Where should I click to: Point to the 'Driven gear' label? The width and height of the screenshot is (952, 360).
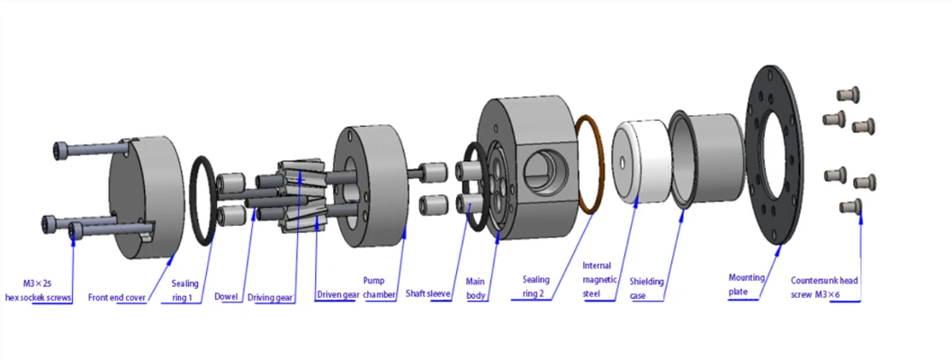336,295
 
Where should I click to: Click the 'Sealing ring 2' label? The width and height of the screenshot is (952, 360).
536,287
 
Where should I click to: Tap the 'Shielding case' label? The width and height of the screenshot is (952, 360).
647,288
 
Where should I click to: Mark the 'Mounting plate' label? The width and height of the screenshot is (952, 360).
744,285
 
